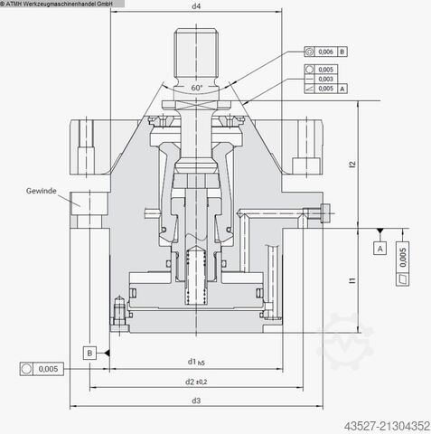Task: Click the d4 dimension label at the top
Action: [x=196, y=8]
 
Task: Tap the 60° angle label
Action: [x=197, y=88]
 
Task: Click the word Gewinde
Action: [x=41, y=191]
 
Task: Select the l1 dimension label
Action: [x=353, y=283]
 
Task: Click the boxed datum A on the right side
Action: [x=380, y=247]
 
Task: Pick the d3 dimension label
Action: [x=196, y=400]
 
